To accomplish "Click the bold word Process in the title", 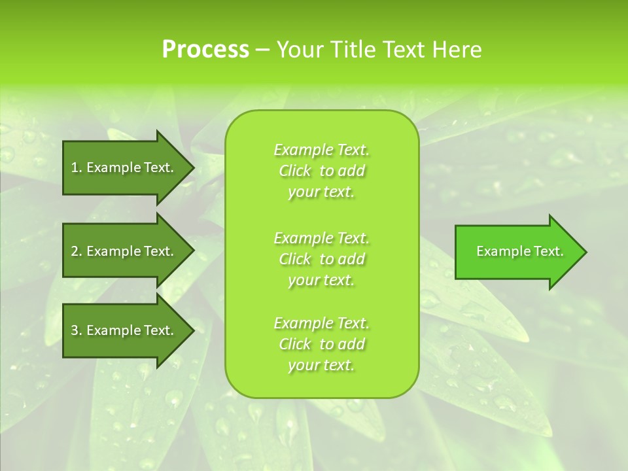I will click(205, 50).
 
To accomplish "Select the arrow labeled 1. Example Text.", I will click(124, 167).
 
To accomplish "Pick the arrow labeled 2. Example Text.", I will click(124, 251).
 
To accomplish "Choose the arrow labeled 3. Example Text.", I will click(124, 330).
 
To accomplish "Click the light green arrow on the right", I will click(517, 252).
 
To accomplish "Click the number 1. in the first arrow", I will click(77, 167).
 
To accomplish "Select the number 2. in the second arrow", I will click(77, 251).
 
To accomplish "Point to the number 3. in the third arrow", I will click(77, 330).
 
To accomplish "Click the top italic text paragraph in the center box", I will click(321, 171).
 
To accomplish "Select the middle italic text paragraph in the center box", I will click(321, 259).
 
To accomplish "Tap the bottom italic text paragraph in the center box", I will click(321, 344).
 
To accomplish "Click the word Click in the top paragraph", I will click(295, 171).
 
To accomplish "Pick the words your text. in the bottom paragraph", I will click(321, 365).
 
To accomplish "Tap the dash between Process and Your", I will click(263, 50).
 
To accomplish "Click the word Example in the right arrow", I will click(499, 251).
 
